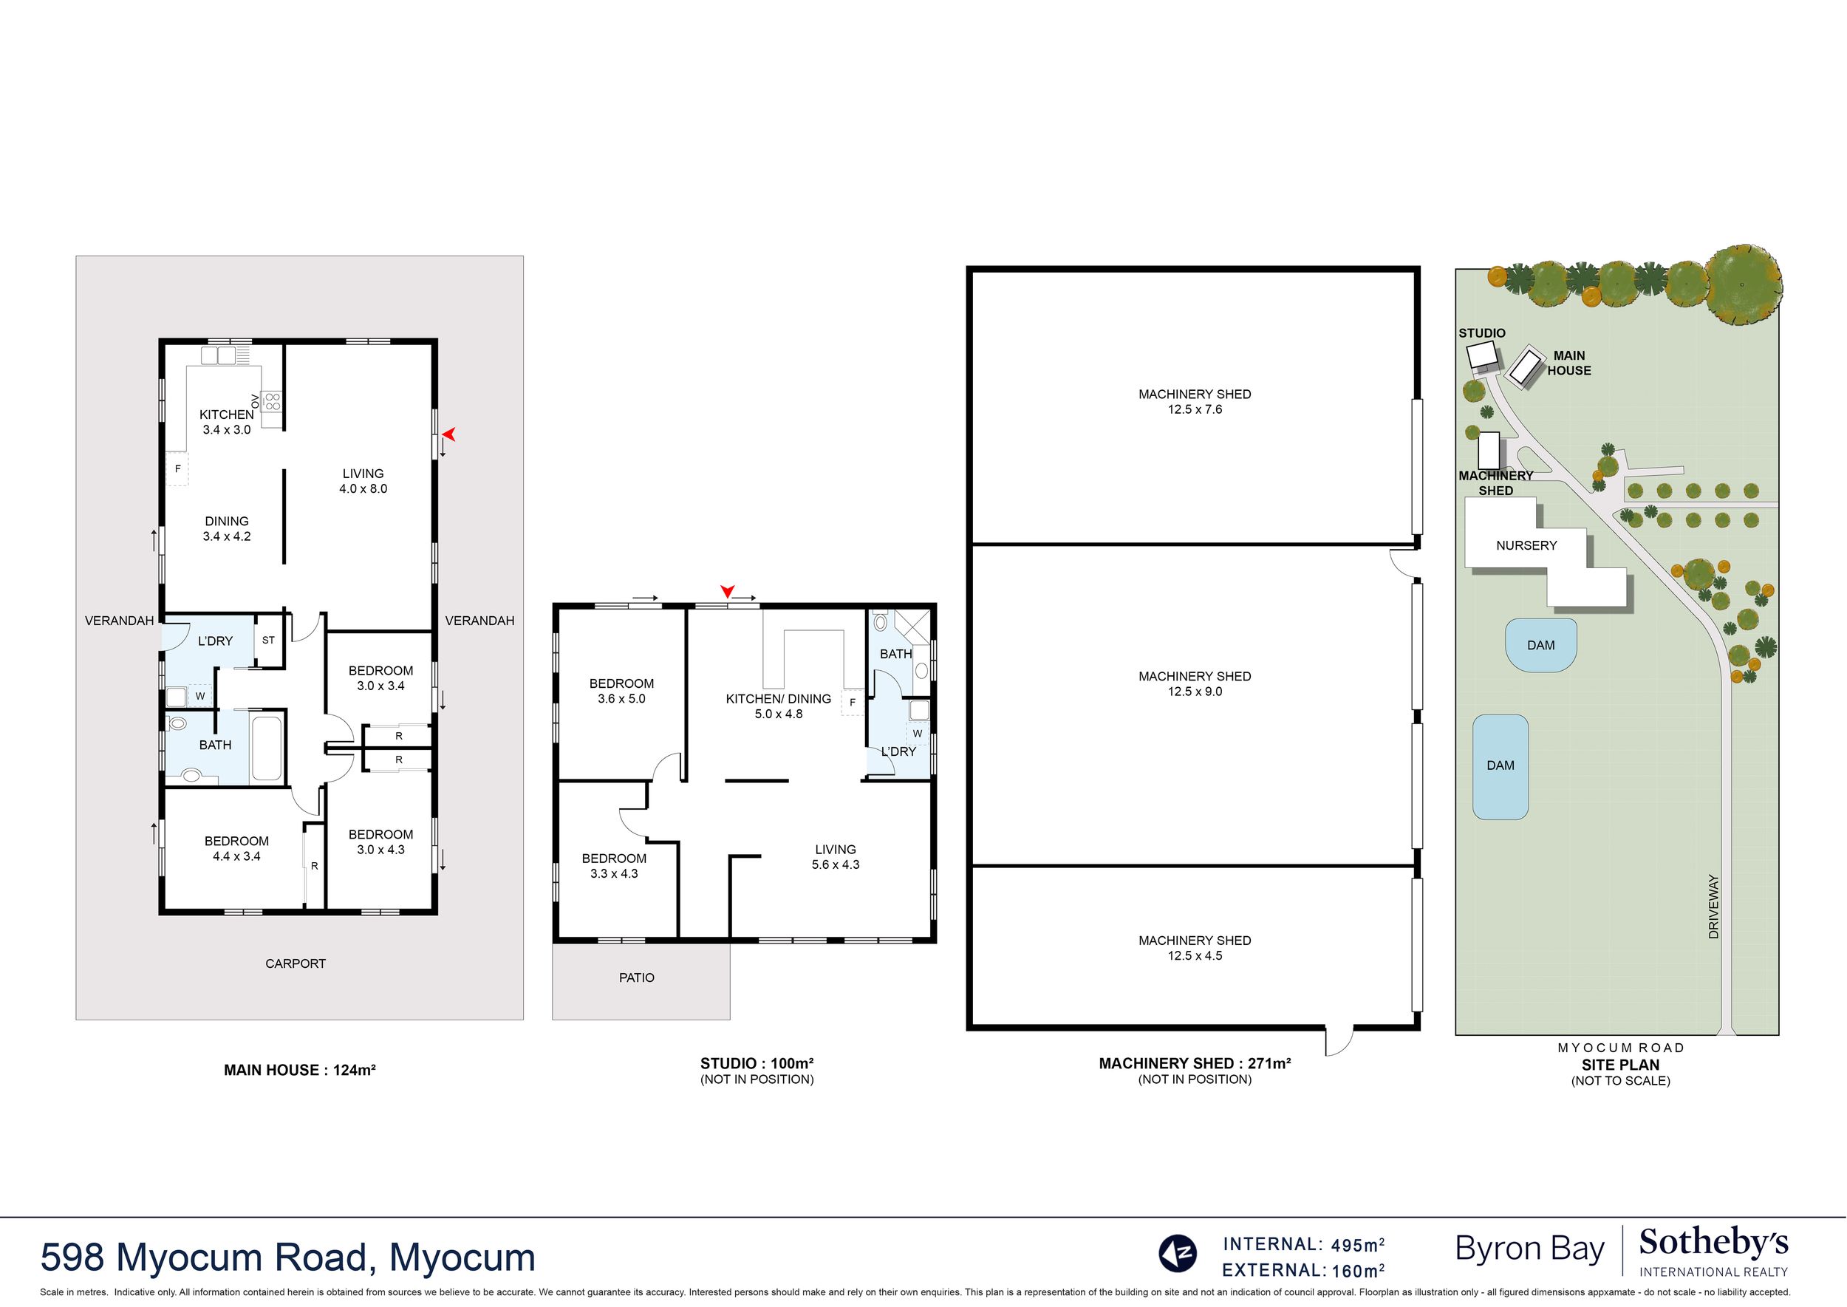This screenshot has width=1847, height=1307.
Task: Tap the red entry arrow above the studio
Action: (x=728, y=591)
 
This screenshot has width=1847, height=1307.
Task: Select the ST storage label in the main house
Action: (x=268, y=640)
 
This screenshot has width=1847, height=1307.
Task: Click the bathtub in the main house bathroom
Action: (x=267, y=748)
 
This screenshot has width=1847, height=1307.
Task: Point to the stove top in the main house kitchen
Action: (x=273, y=400)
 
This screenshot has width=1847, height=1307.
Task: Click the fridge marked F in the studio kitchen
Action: (x=852, y=703)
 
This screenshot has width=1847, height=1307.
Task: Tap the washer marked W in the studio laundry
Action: (x=918, y=733)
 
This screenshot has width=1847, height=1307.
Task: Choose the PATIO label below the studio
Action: (x=637, y=977)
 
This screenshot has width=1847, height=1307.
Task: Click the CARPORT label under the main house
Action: (x=296, y=963)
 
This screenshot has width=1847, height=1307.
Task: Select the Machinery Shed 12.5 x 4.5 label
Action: (x=1195, y=947)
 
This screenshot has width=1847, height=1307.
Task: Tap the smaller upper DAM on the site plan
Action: (x=1540, y=645)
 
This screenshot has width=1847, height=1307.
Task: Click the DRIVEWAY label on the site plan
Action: (x=1713, y=907)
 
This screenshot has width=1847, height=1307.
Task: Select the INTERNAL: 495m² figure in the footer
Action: (x=1304, y=1244)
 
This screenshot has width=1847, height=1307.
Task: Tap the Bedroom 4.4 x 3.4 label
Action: (x=236, y=848)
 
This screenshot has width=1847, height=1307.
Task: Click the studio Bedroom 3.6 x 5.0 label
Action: (x=621, y=691)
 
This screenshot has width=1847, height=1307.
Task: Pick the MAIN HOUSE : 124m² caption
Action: (x=299, y=1070)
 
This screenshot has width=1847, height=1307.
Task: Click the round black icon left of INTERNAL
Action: (x=1178, y=1253)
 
